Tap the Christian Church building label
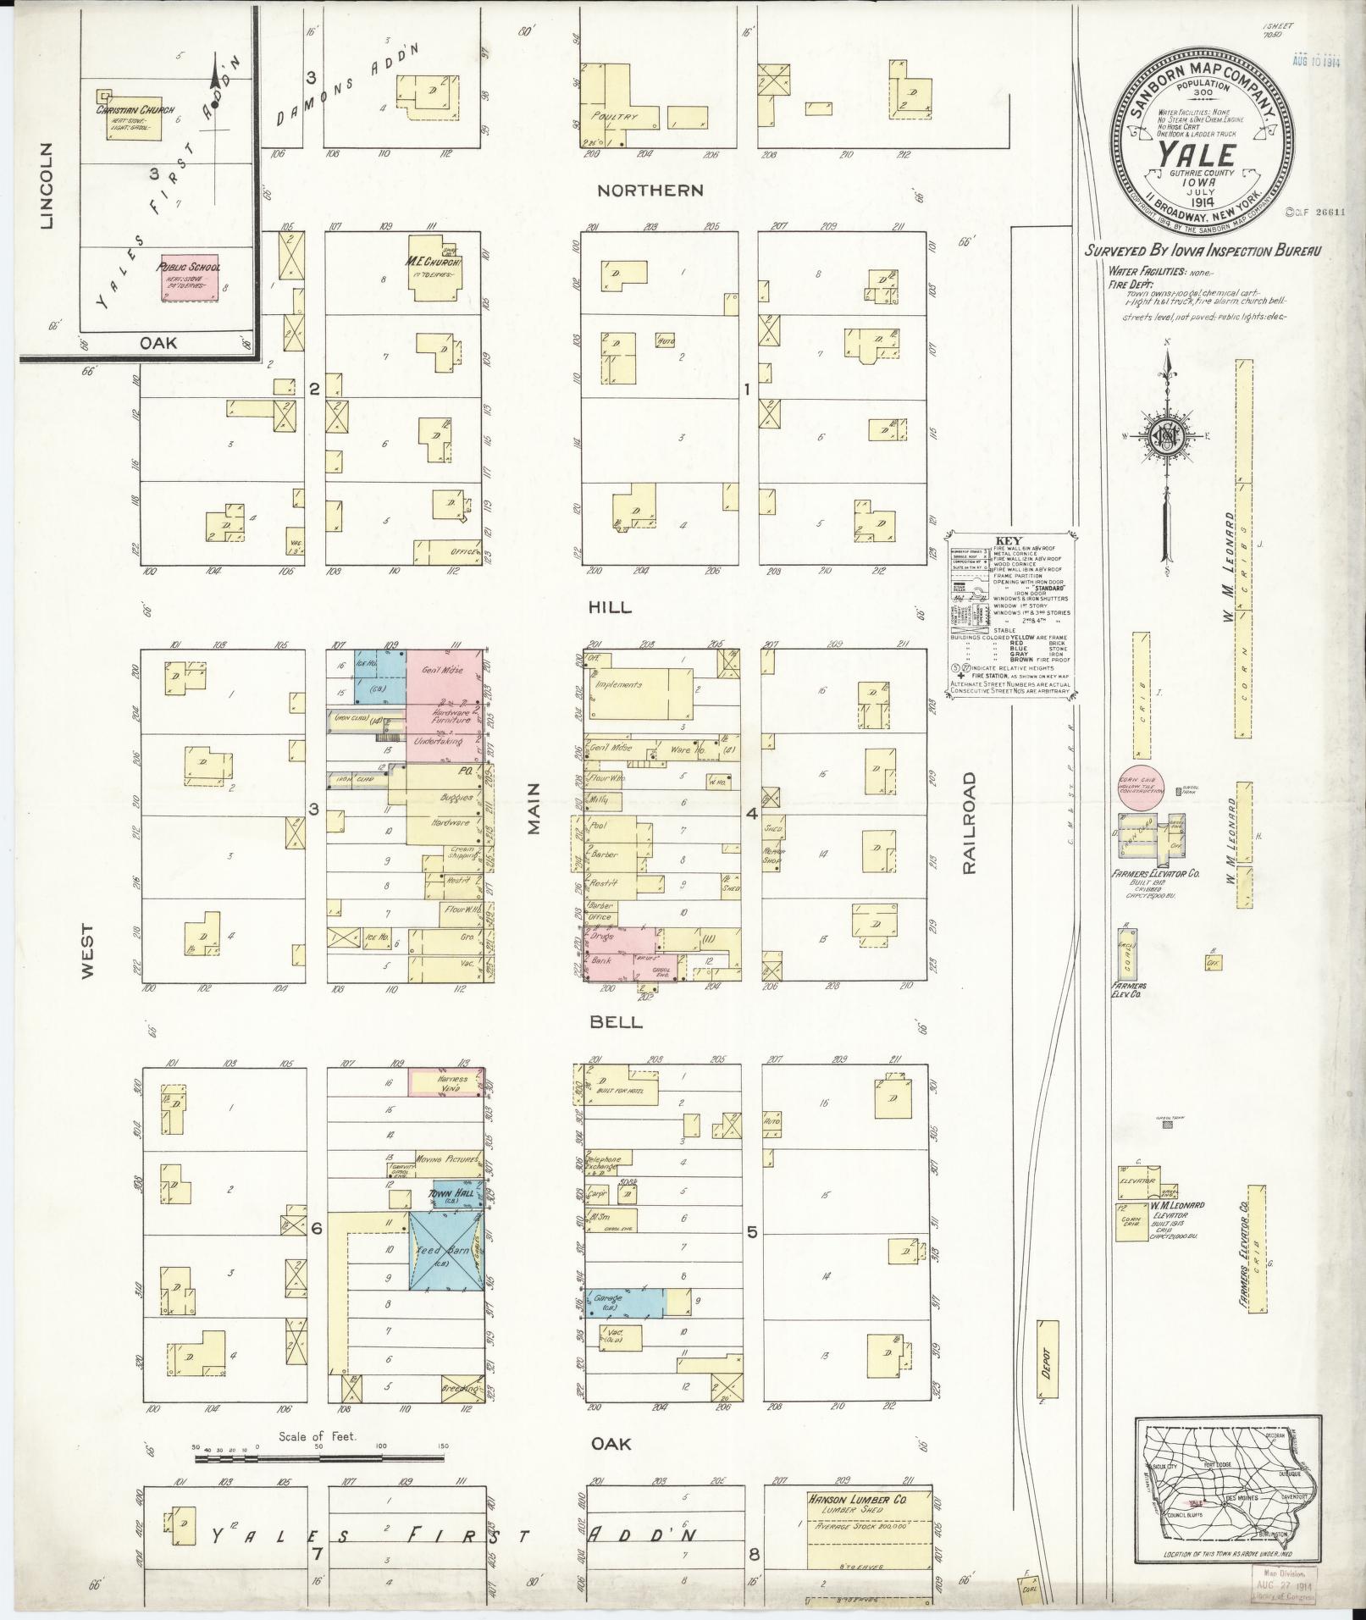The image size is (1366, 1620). (x=124, y=111)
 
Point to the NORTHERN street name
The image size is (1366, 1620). (x=650, y=191)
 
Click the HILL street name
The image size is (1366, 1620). (x=610, y=607)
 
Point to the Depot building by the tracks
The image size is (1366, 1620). (x=1047, y=1370)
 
